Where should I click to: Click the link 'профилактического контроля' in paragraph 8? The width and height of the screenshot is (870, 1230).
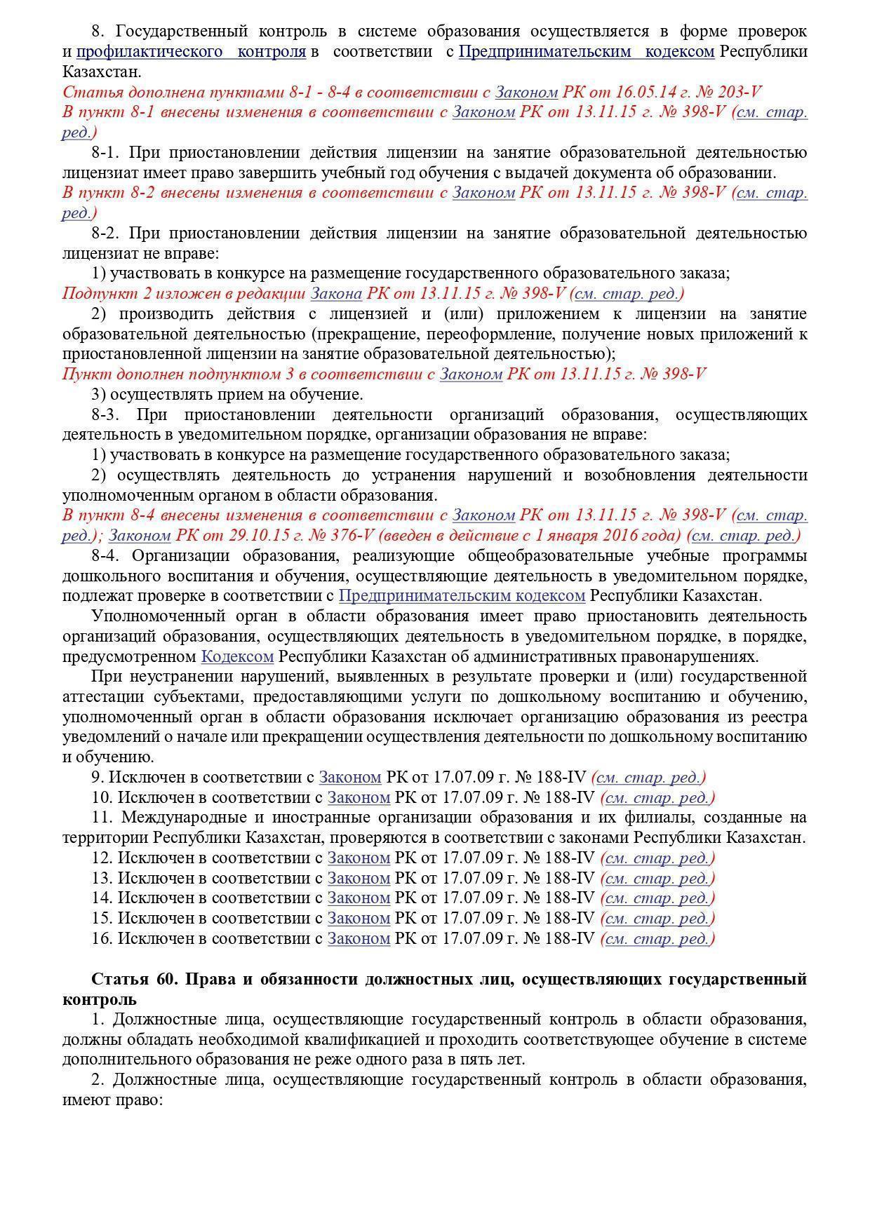point(190,51)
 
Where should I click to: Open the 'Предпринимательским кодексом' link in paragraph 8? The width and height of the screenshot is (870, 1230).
point(587,51)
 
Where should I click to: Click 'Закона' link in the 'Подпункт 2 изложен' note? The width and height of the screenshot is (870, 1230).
point(336,293)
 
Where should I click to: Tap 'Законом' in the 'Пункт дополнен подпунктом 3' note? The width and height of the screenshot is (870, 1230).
point(470,374)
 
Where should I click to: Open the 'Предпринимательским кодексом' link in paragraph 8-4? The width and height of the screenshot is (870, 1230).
point(462,596)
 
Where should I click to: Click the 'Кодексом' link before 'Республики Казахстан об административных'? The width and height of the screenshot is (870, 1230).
point(237,657)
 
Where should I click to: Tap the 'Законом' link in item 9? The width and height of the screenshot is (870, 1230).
point(350,777)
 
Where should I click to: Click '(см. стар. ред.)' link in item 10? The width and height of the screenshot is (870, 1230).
point(658,797)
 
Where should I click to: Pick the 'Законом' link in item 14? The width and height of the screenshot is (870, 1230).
point(359,898)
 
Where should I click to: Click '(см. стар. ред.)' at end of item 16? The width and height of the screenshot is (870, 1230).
point(658,938)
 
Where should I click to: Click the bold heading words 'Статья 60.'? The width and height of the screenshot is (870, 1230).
point(134,979)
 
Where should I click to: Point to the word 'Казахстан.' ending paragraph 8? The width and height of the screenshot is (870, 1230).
point(102,72)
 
